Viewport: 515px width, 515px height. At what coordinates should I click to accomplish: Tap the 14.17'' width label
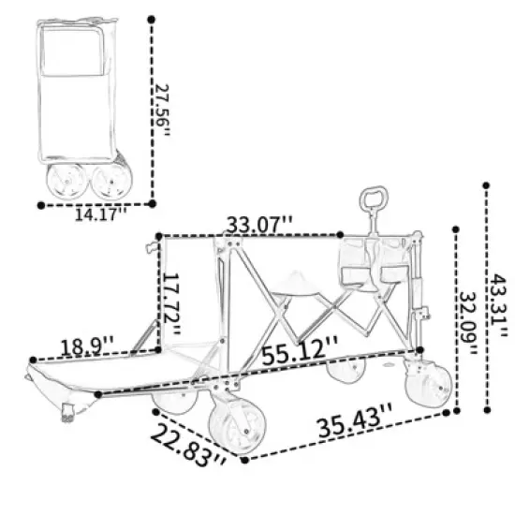pos(100,213)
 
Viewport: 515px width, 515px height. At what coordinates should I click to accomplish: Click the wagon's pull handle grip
pos(372,199)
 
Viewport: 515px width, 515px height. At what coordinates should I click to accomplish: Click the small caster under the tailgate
pos(68,410)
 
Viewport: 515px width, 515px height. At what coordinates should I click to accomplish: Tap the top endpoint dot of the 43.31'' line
pos(486,186)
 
